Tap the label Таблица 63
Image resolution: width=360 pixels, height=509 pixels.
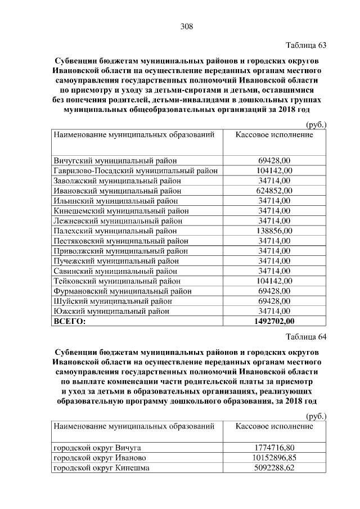[306, 45]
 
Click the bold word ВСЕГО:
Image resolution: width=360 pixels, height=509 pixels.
[70, 322]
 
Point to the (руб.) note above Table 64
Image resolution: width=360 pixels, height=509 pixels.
[316, 416]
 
